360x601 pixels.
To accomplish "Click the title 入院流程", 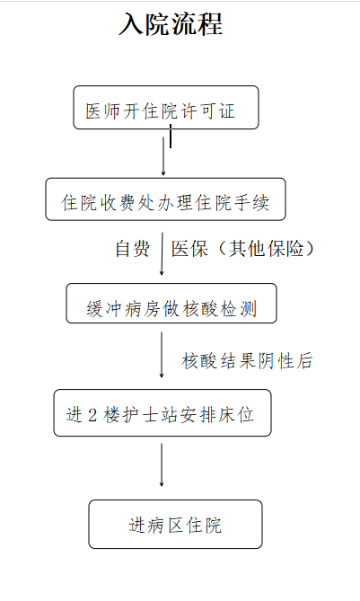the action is (x=171, y=24).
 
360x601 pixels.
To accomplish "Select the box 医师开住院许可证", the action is (x=166, y=107).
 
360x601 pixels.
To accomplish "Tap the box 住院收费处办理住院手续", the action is (x=165, y=199).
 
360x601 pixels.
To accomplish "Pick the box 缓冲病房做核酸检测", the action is (x=171, y=303).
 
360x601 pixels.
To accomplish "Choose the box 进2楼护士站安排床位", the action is (x=162, y=413).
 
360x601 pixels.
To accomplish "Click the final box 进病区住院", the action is (x=175, y=524).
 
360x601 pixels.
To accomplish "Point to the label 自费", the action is (x=133, y=248).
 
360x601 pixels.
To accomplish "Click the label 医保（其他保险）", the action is (x=242, y=248).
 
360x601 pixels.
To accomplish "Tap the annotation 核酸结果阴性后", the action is (x=247, y=360).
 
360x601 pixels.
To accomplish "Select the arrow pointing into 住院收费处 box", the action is (x=163, y=156).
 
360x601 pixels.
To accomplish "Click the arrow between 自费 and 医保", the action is (x=162, y=253).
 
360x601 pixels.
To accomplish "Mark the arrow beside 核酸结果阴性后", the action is (x=162, y=355).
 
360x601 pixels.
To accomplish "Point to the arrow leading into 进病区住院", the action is (x=162, y=465).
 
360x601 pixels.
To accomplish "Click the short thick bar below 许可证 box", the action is (x=171, y=136).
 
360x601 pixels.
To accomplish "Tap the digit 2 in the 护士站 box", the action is (x=92, y=415).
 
